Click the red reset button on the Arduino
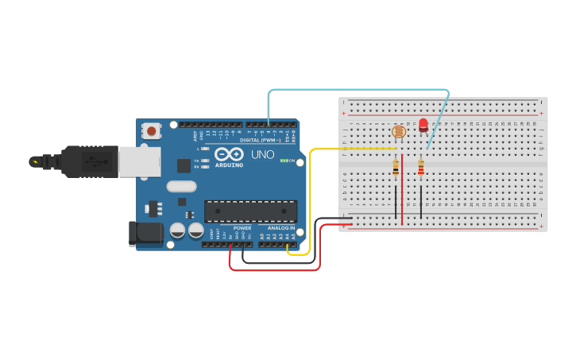[x=151, y=130]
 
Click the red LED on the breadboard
[x=423, y=125]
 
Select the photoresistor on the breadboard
[x=399, y=132]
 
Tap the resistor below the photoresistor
[x=396, y=167]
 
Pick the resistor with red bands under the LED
[x=420, y=167]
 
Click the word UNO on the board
[x=263, y=154]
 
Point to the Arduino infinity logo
[x=230, y=153]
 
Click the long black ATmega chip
[x=251, y=211]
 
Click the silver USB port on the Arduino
[x=138, y=162]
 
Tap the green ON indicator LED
[x=283, y=161]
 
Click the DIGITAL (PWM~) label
[x=265, y=140]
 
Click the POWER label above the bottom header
[x=242, y=228]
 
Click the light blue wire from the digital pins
[x=358, y=90]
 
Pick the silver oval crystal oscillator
[x=181, y=187]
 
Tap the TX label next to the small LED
[x=196, y=161]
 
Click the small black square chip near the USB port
[x=184, y=165]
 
